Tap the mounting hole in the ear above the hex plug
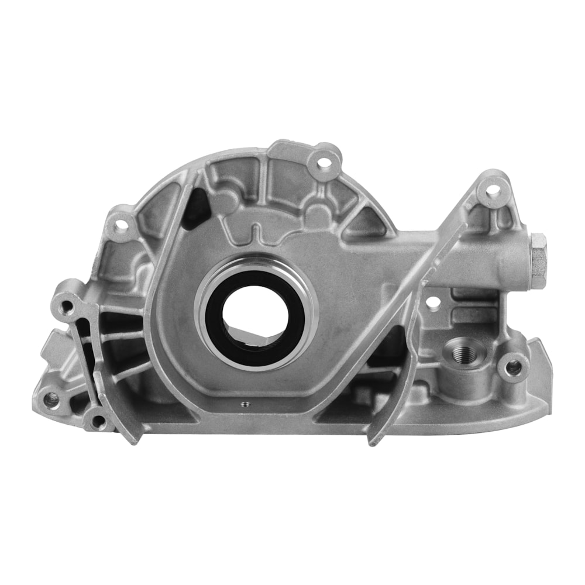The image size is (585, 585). coord(493,190)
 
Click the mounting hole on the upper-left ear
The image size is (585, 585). coord(122,223)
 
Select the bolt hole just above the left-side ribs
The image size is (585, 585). coord(68,305)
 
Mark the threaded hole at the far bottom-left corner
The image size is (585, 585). coord(51,400)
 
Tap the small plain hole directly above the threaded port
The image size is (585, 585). coord(433,303)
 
